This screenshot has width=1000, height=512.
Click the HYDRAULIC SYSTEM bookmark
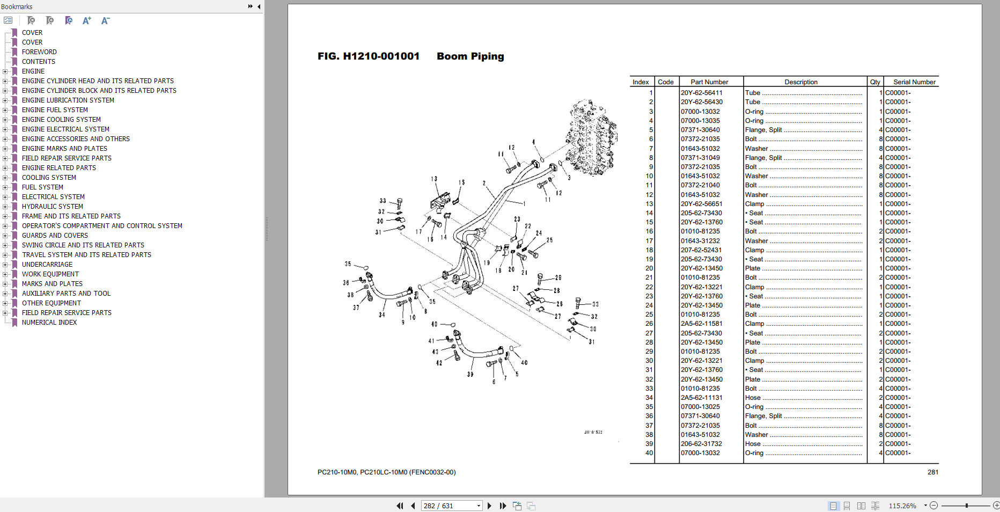[52, 207]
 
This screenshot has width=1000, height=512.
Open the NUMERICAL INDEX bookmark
[49, 323]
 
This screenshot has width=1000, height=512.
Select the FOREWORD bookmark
[39, 52]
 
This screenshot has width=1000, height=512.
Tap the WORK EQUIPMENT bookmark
[50, 274]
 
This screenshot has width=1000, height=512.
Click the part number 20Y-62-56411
[701, 93]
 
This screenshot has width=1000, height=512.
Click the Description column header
[800, 82]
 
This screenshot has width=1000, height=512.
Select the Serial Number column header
[914, 82]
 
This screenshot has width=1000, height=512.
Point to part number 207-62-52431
[701, 250]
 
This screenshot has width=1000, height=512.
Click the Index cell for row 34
[649, 398]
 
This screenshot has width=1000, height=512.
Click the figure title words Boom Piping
[470, 56]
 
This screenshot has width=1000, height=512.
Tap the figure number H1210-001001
[381, 56]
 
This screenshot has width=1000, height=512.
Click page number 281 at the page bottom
[932, 472]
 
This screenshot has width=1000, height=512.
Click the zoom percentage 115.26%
[902, 506]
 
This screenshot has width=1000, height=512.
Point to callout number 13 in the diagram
[433, 179]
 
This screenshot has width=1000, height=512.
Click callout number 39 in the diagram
[470, 375]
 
